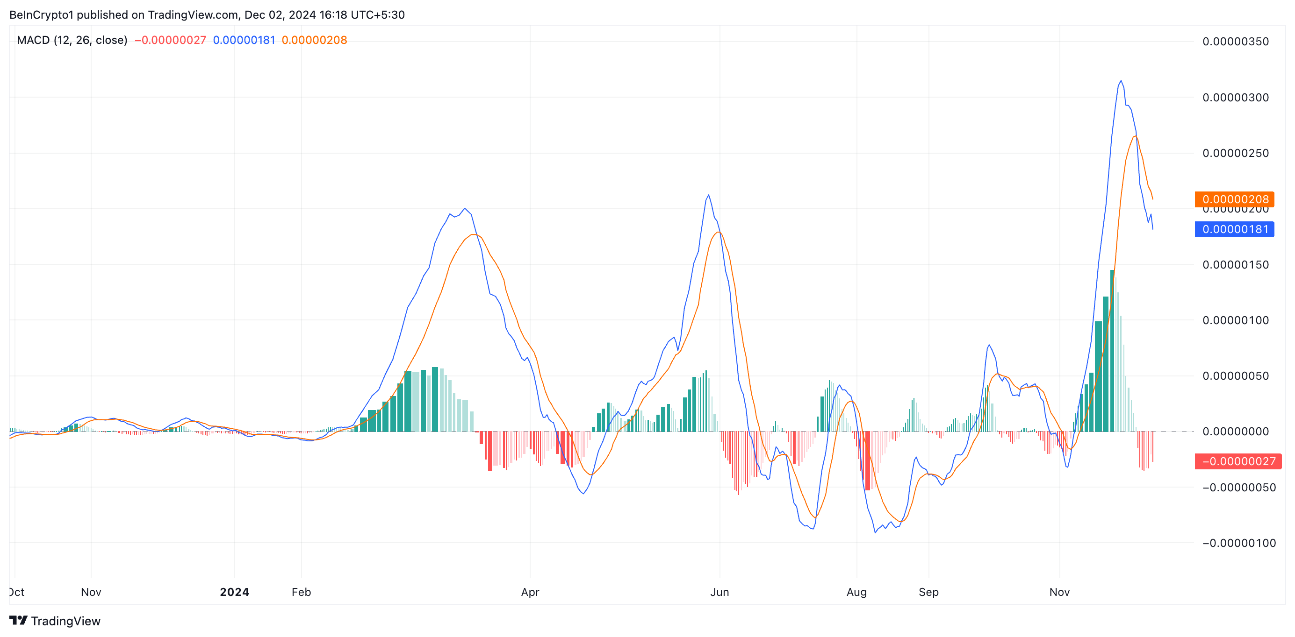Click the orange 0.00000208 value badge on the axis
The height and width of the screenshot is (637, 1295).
[x=1235, y=199]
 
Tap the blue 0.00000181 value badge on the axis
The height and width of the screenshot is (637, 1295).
[x=1235, y=230]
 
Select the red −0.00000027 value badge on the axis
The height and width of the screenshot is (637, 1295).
[x=1238, y=461]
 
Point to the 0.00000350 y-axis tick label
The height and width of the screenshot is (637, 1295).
[x=1236, y=42]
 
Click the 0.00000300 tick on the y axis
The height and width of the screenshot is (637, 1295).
[x=1236, y=98]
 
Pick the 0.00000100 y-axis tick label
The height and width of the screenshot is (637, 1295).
[x=1236, y=320]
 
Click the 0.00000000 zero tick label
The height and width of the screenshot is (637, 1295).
[x=1236, y=432]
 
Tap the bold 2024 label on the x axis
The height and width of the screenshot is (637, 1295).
[x=234, y=592]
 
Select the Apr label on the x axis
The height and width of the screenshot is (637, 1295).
[x=530, y=592]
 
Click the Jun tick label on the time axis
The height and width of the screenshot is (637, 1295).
[x=719, y=592]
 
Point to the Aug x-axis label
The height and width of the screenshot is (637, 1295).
[x=856, y=592]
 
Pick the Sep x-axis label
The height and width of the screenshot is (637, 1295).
[x=928, y=592]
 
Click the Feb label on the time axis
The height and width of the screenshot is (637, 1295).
[x=301, y=592]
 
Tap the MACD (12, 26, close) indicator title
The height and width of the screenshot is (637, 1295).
[x=72, y=40]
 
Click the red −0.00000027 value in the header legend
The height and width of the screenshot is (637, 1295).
[x=171, y=40]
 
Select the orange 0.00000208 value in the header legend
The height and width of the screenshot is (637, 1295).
[x=314, y=40]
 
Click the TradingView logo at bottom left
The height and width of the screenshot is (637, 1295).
[x=55, y=621]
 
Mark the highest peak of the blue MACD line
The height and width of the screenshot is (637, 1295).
[x=1121, y=81]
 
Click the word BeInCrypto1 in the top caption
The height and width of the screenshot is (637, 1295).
[x=41, y=14]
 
